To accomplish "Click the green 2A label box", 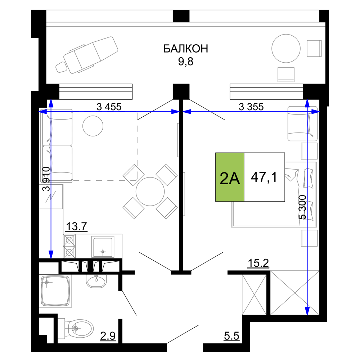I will (x=230, y=177).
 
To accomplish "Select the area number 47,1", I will (x=264, y=177).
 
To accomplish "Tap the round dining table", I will (x=150, y=191).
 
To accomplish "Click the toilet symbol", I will (x=77, y=328).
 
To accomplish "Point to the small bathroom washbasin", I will (x=96, y=280).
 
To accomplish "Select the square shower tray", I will (x=56, y=291).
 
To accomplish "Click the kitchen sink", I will (x=103, y=247).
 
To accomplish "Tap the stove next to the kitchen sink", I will (x=69, y=246).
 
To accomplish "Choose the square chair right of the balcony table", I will (x=314, y=49).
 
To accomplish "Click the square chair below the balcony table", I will (x=286, y=75).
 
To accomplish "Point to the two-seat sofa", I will (x=58, y=146).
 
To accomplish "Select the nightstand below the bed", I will (x=309, y=238).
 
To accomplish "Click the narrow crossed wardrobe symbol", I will (x=253, y=294).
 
